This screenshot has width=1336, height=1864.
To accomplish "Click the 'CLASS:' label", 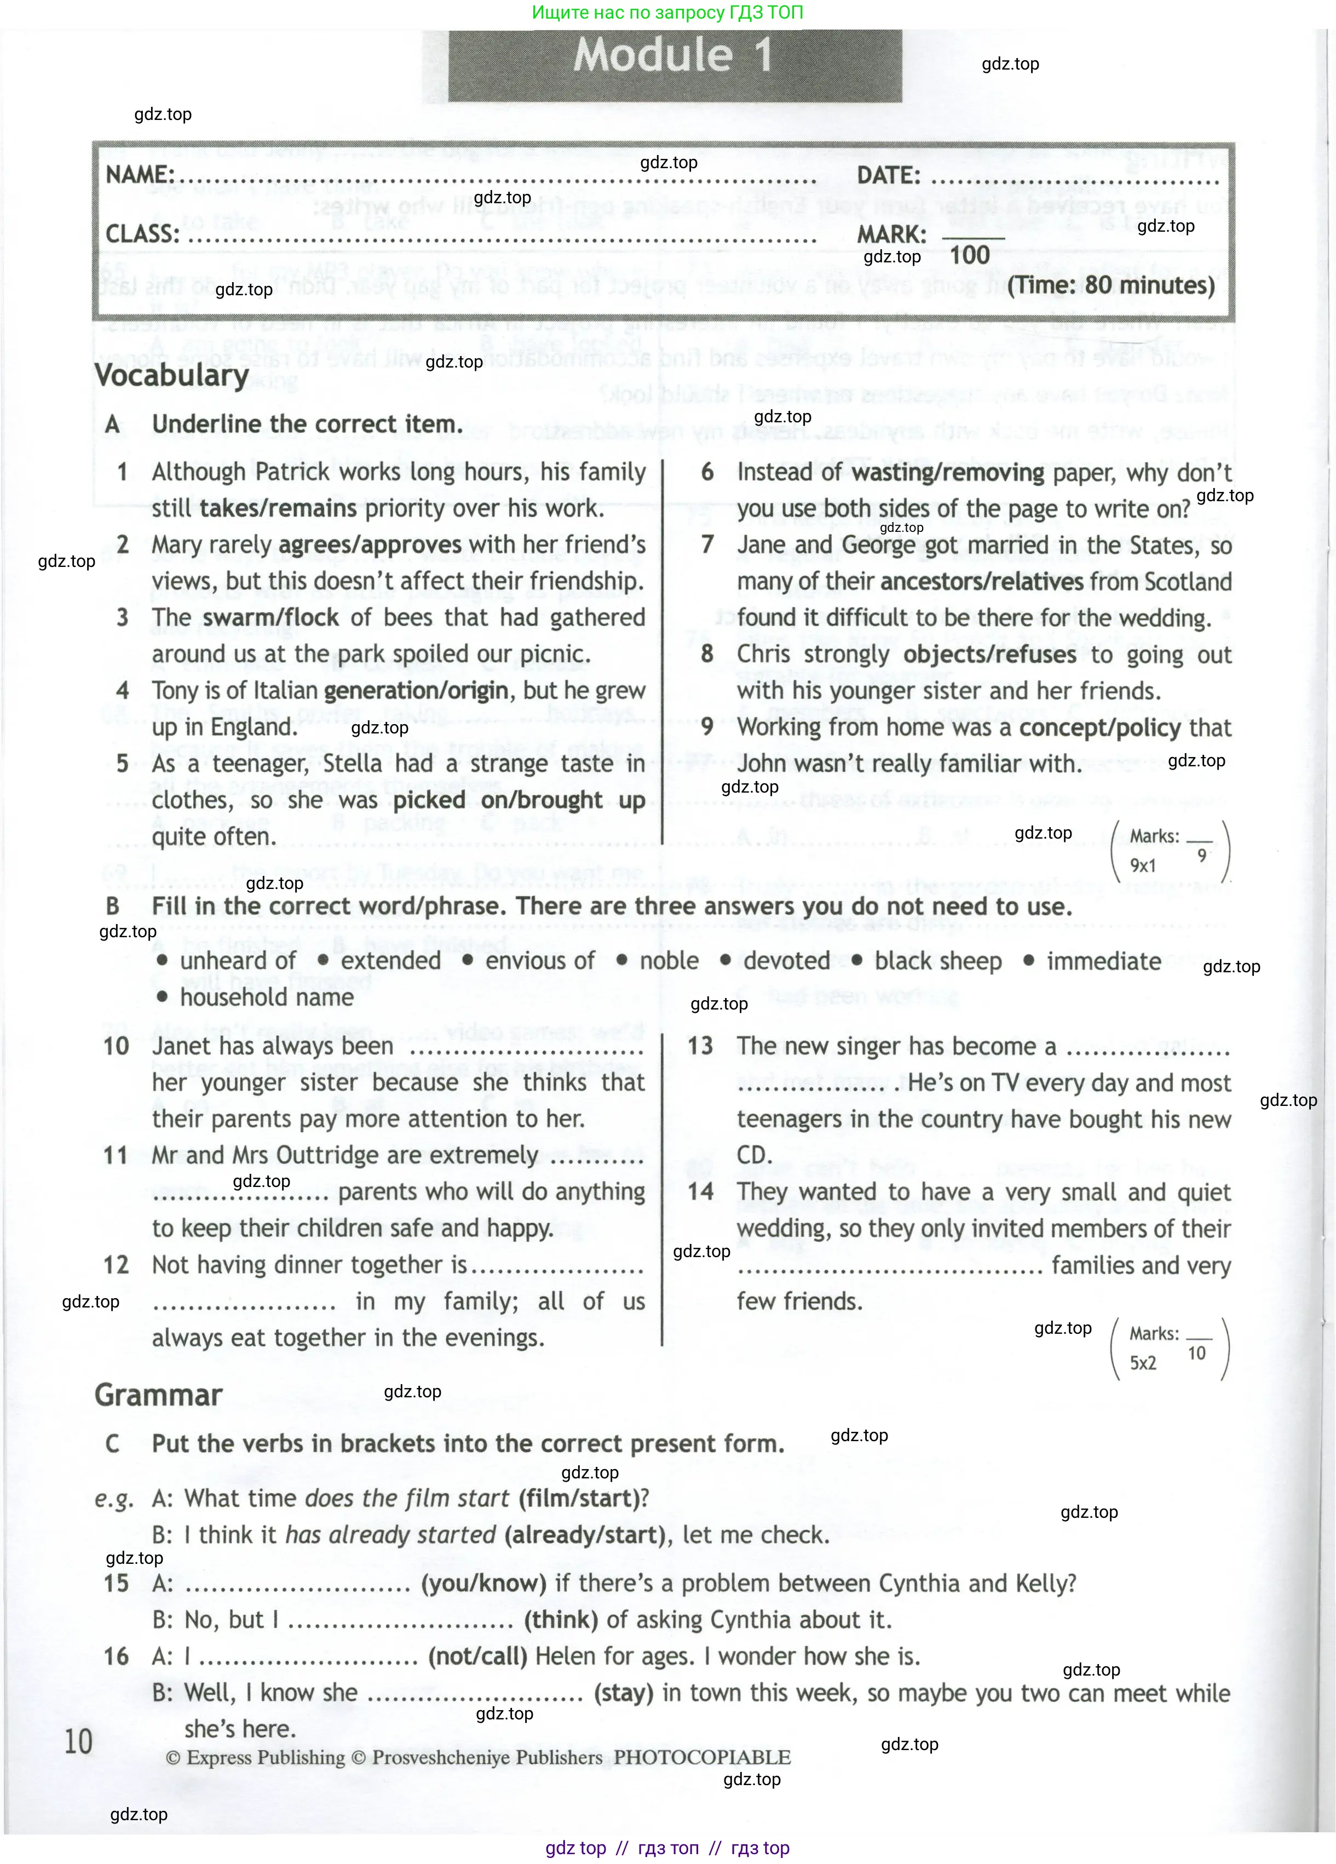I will (142, 234).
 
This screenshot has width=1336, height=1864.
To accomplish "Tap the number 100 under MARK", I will (970, 255).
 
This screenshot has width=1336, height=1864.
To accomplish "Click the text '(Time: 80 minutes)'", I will (1111, 285).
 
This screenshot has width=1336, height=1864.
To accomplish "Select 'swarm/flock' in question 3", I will (270, 617).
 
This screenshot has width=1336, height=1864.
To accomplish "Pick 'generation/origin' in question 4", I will (416, 690).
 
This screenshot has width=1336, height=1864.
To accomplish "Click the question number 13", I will (700, 1046).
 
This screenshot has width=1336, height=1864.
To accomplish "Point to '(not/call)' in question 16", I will (477, 1656).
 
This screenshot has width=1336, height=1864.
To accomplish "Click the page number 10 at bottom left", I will (79, 1741).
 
